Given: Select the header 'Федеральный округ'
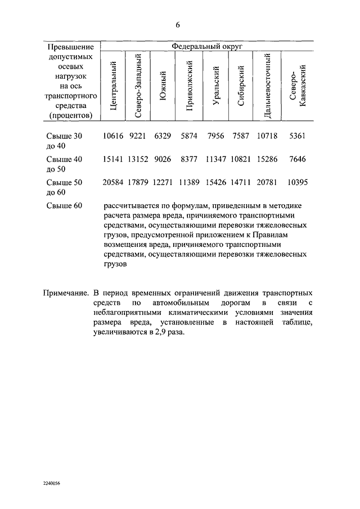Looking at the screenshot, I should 206,48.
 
